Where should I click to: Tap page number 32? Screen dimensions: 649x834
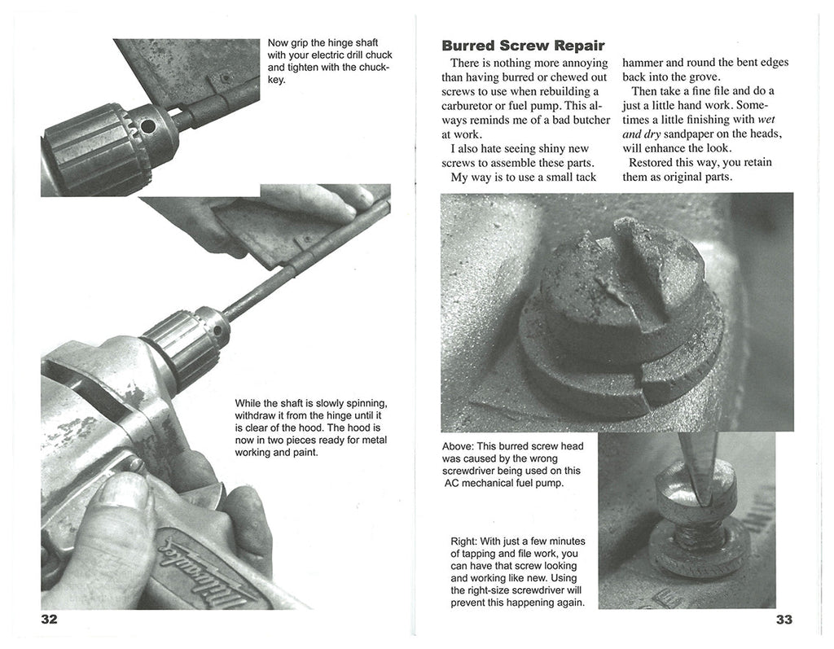[50, 620]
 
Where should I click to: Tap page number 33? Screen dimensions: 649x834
[784, 620]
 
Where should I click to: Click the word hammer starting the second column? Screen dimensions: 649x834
[646, 63]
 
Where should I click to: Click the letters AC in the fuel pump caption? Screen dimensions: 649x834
[453, 483]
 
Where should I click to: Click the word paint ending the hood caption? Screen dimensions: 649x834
[302, 453]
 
